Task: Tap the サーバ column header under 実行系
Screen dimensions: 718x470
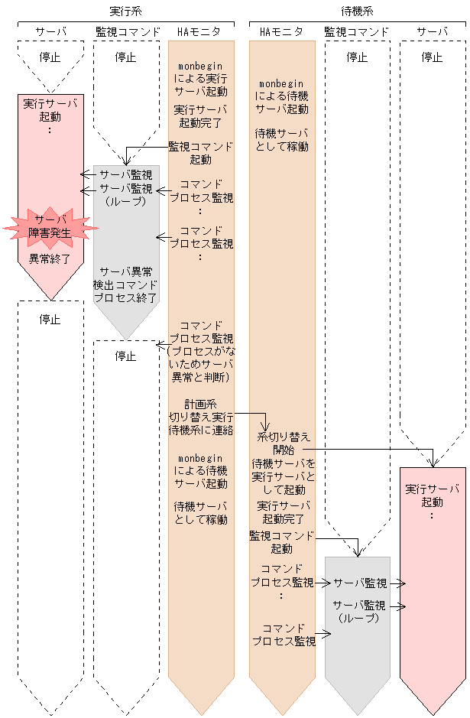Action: [50, 32]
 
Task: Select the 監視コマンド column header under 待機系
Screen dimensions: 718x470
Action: [356, 32]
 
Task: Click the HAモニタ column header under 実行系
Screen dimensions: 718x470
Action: [199, 32]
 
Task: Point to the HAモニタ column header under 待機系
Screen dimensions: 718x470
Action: [281, 32]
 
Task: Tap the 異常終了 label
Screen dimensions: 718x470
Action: [50, 258]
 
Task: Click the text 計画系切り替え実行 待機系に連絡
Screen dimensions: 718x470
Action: [201, 416]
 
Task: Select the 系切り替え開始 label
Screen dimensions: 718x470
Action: [284, 443]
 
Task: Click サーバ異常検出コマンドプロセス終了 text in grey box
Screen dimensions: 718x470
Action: [127, 284]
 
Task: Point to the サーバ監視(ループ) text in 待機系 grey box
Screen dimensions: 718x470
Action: [358, 611]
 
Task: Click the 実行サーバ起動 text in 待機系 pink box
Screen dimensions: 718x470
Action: [432, 495]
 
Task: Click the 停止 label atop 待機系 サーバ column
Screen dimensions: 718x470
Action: [432, 57]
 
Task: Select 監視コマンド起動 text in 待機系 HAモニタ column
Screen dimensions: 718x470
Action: [281, 542]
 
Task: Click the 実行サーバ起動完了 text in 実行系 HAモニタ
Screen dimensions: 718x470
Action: [200, 116]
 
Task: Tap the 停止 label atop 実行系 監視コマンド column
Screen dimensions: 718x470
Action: [126, 57]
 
